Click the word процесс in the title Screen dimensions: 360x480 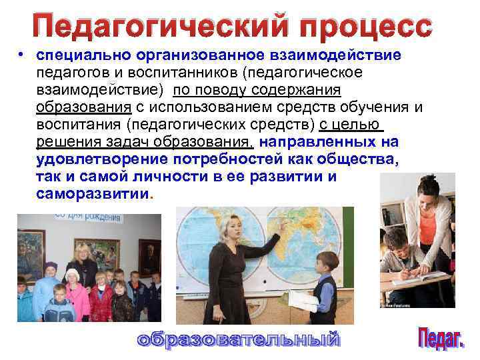coord(366,27)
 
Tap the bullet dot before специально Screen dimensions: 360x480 coord(22,55)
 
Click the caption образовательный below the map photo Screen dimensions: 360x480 coord(238,339)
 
